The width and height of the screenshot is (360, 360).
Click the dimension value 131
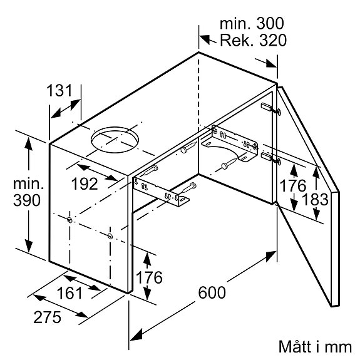coord(59,90)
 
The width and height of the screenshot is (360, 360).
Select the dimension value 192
coord(85,183)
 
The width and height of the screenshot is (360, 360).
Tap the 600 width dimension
coord(212,292)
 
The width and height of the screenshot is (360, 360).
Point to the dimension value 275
coord(48,317)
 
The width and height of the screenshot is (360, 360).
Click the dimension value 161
coord(69,293)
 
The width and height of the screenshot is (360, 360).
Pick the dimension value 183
coord(315,199)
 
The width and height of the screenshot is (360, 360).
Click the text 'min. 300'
coord(252,23)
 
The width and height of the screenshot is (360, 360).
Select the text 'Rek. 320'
coord(253,39)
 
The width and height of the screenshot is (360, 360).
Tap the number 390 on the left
coord(27,200)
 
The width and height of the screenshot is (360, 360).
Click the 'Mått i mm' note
coord(315,346)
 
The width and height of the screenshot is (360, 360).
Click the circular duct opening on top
coord(115,140)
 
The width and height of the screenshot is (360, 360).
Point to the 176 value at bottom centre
coord(149,277)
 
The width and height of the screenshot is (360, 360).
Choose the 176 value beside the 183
coord(293,185)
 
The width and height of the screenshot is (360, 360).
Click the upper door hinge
coord(271,109)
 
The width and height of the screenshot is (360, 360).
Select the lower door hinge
coord(271,158)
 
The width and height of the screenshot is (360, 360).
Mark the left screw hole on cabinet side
coord(69,220)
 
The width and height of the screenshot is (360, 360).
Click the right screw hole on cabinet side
coord(110,235)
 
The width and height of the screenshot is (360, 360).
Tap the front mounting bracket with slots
coord(161,192)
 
